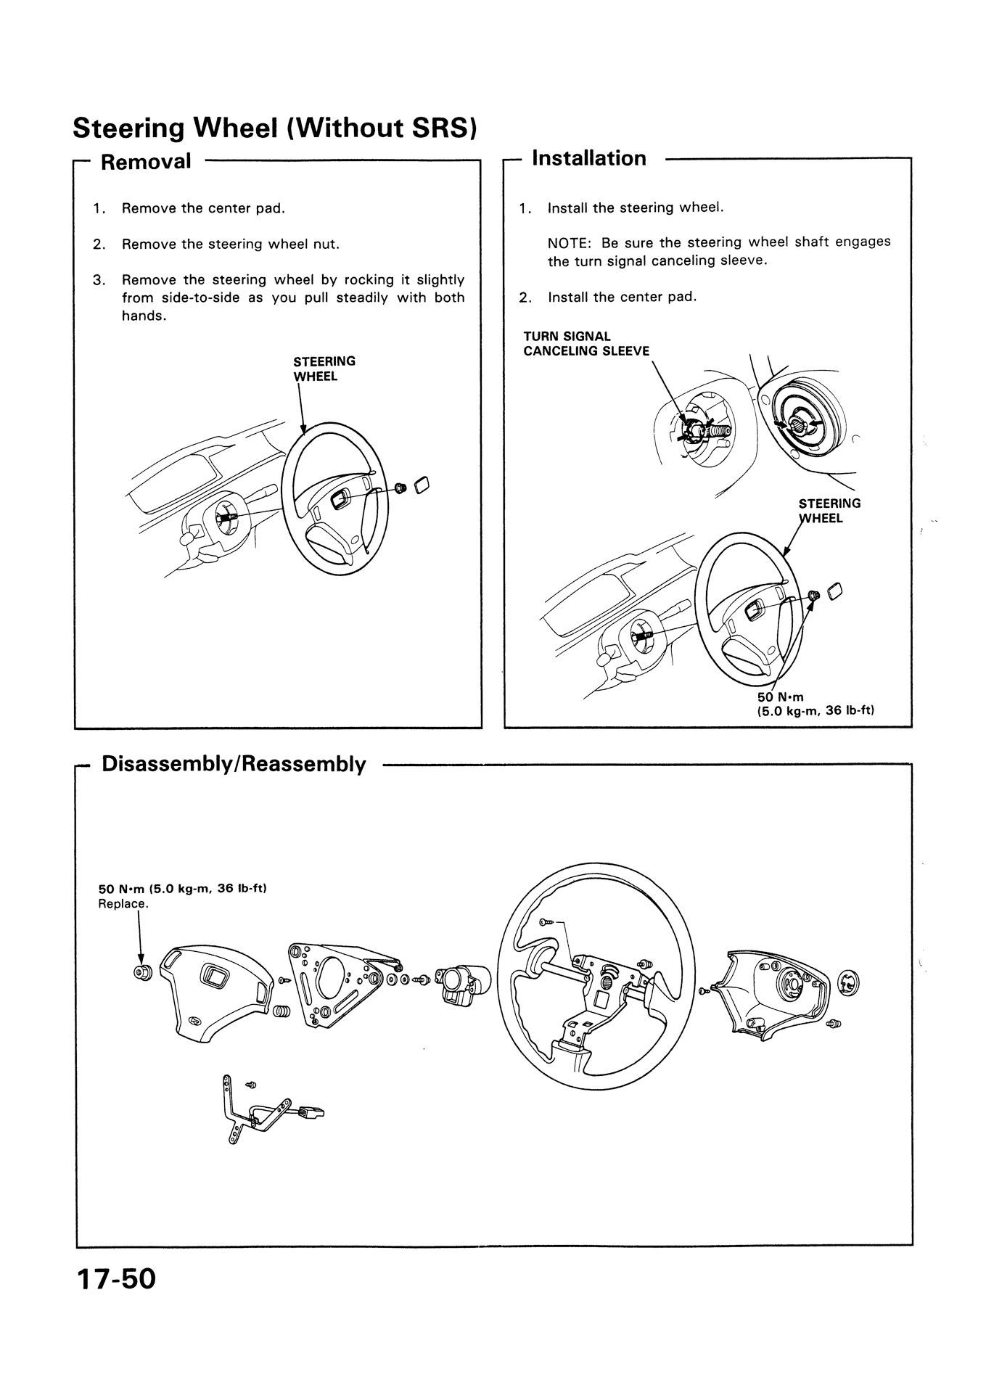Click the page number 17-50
tap(115, 1299)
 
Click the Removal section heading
tap(146, 161)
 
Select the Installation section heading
tap(589, 158)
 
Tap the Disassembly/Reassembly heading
tap(234, 764)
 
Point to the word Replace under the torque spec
tap(123, 905)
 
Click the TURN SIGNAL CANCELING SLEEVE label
tap(586, 344)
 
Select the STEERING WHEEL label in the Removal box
tap(324, 369)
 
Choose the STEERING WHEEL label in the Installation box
tap(829, 511)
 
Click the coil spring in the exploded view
tap(282, 1011)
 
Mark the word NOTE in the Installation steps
tap(566, 242)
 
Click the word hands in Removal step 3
tap(142, 316)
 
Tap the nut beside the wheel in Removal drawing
tap(398, 486)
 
